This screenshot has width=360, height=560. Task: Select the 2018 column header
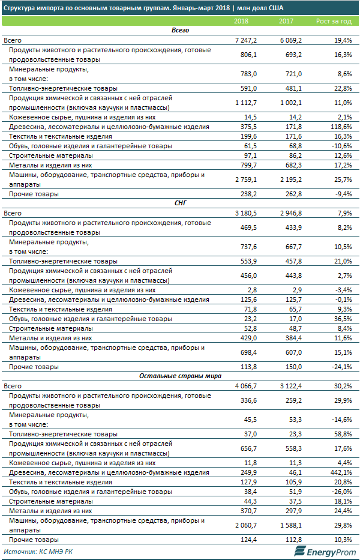pyautogui.click(x=241, y=22)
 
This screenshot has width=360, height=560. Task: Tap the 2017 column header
pyautogui.click(x=286, y=22)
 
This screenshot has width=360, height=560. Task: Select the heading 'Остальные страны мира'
pyautogui.click(x=180, y=375)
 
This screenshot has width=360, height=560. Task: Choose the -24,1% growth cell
pyautogui.click(x=340, y=366)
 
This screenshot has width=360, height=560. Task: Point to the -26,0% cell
pyautogui.click(x=340, y=492)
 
